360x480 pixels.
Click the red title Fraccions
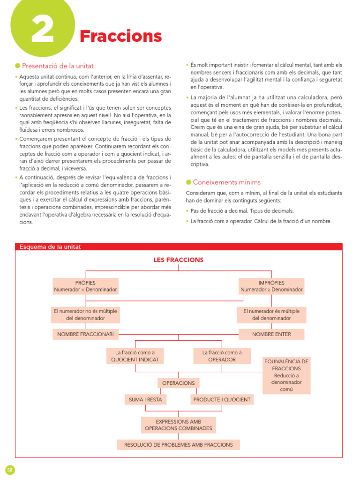(120, 36)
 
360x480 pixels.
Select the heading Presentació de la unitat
(58, 66)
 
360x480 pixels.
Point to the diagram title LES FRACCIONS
(178, 260)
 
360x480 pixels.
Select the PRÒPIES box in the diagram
(85, 286)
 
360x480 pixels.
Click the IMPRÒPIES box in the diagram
(271, 286)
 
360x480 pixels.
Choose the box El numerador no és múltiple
(85, 315)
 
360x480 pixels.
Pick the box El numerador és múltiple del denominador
(271, 315)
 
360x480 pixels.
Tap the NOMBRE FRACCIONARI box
(85, 334)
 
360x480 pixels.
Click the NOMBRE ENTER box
(271, 334)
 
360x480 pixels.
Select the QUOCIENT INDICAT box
(135, 356)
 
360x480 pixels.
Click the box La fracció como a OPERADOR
(222, 356)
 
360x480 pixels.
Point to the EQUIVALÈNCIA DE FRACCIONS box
(286, 375)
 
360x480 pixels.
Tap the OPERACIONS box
(178, 383)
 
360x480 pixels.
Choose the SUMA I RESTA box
(145, 400)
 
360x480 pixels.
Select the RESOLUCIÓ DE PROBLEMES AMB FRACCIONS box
(178, 444)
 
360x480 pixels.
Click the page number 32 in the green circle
(10, 470)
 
